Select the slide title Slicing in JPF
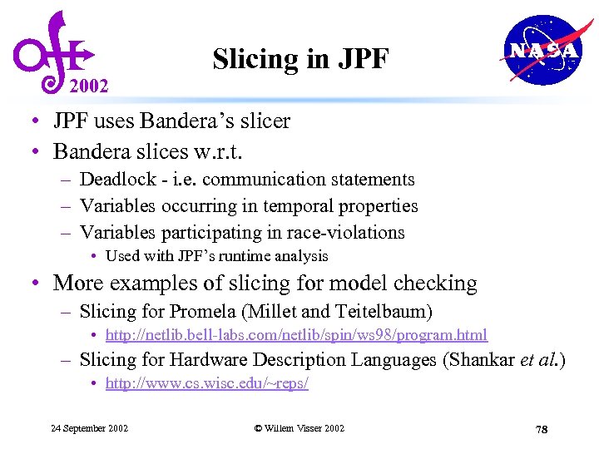(x=300, y=59)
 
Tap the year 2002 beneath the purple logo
(x=88, y=86)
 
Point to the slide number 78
(x=542, y=429)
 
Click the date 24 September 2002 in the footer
(x=90, y=428)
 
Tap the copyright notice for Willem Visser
(x=299, y=428)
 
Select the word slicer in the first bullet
(x=264, y=121)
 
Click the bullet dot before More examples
(x=37, y=284)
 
